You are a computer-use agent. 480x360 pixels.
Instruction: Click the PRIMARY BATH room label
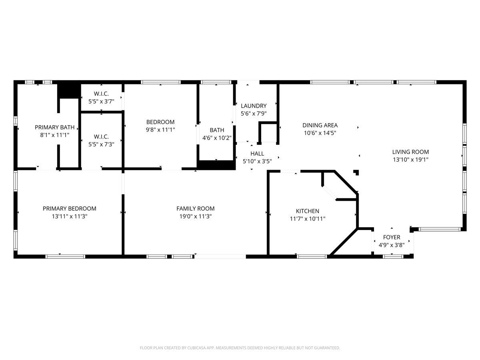tap(54, 127)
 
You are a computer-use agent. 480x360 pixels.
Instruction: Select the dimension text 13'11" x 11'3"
tap(70, 216)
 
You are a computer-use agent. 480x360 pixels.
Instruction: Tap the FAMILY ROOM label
tap(195, 208)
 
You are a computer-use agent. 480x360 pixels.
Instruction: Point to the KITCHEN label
tap(307, 211)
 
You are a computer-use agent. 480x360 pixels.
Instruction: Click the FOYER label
tap(391, 237)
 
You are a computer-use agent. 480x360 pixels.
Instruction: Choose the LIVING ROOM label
tap(410, 152)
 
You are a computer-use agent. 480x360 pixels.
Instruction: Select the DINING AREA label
tap(320, 125)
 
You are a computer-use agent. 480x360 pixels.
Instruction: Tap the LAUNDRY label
tap(254, 106)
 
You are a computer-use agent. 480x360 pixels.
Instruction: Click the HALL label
tap(257, 154)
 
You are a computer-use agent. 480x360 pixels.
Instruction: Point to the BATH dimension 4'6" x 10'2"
tap(217, 138)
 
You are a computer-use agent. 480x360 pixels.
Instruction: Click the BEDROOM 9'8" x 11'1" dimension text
tap(160, 130)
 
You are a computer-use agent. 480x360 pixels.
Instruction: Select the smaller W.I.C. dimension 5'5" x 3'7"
tap(101, 101)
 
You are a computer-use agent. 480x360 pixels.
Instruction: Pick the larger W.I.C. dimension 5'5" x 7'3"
tap(101, 144)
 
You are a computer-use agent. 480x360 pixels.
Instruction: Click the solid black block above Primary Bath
tap(68, 90)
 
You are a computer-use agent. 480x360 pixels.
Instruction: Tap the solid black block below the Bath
tap(216, 165)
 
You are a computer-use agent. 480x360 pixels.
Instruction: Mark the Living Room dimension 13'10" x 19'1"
tap(410, 160)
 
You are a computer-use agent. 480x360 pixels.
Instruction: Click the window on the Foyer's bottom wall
tap(392, 256)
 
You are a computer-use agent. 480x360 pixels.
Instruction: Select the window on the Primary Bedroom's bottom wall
tap(65, 256)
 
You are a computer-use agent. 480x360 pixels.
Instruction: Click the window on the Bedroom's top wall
tap(160, 82)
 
